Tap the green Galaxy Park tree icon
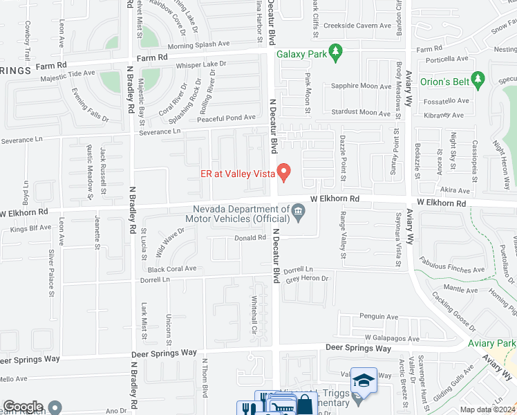335,52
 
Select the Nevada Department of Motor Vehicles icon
299,213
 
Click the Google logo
23,407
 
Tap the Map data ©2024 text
487,409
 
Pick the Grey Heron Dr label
306,279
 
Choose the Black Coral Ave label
172,268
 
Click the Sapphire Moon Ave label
361,86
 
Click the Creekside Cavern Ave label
359,26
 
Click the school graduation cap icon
364,380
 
